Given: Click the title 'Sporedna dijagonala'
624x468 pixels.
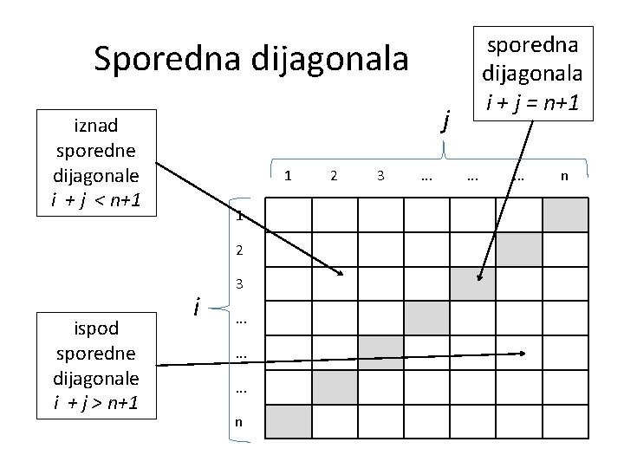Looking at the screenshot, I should [250, 59].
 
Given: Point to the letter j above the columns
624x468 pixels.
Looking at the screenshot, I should [445, 119].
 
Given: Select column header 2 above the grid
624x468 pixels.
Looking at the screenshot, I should [335, 176].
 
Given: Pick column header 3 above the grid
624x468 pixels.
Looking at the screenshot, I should [380, 176].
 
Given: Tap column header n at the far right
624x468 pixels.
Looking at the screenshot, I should [564, 176].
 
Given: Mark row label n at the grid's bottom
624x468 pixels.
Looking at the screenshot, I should [239, 421].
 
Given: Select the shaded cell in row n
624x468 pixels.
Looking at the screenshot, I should [288, 421].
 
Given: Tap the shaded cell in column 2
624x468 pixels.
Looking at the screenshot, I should [335, 387].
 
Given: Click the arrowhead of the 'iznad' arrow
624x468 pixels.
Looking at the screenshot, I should [341, 274].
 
